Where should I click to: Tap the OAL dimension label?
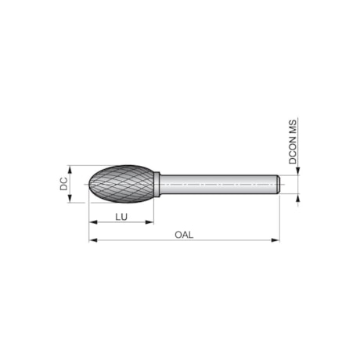[184, 233]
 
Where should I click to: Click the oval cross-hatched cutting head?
[123, 183]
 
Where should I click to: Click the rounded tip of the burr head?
[90, 183]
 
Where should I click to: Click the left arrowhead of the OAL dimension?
[92, 239]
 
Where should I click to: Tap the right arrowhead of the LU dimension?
[151, 221]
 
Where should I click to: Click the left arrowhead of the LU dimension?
[92, 221]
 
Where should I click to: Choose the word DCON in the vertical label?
[293, 149]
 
